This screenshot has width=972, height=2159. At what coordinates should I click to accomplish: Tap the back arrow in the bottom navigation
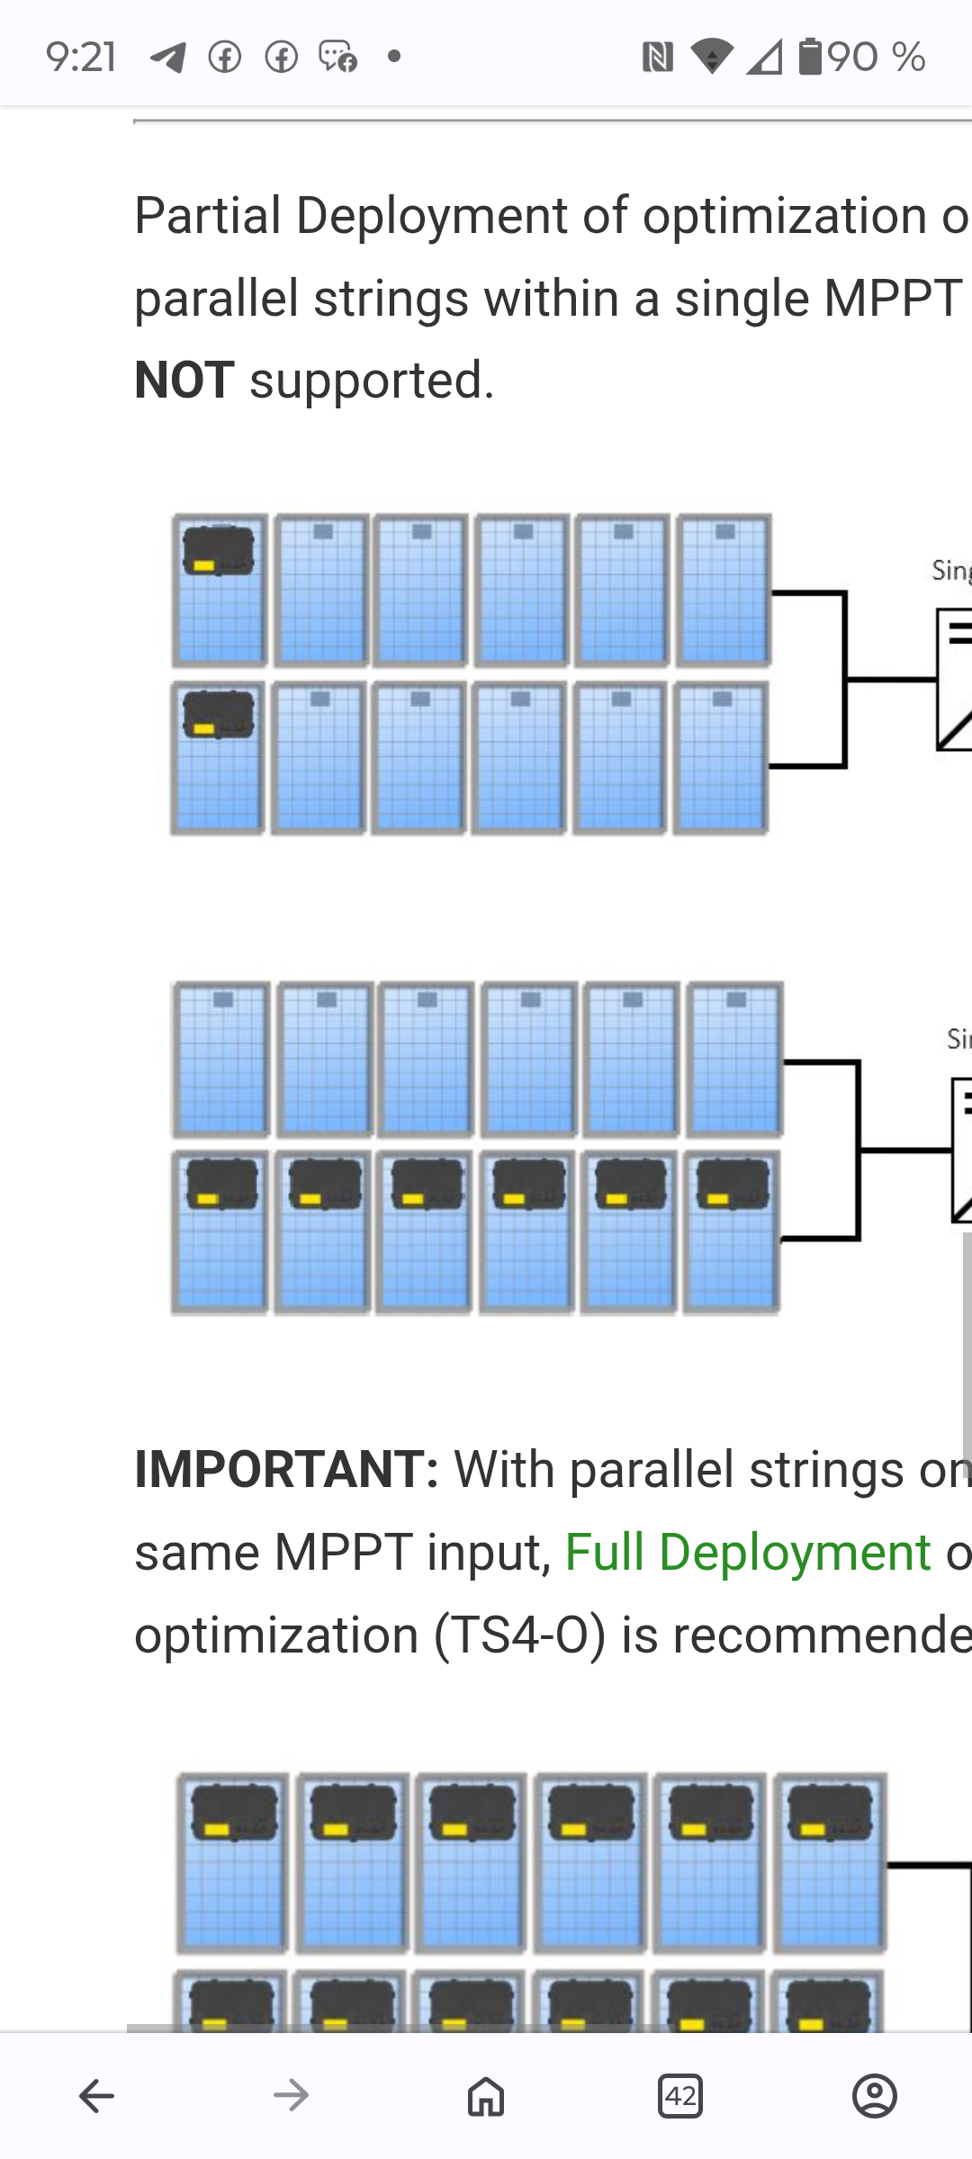(x=96, y=2096)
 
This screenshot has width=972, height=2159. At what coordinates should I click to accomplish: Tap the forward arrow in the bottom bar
(x=291, y=2096)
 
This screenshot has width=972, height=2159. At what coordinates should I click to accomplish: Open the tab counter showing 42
(x=680, y=2096)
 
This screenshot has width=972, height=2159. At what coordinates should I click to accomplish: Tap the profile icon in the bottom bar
(x=874, y=2096)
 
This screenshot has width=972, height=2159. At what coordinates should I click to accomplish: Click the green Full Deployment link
(x=747, y=1553)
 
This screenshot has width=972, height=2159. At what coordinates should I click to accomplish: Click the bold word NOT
(x=184, y=381)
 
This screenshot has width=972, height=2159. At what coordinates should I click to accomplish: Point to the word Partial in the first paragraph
(x=208, y=217)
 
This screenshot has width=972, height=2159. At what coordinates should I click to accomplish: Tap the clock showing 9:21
(x=81, y=58)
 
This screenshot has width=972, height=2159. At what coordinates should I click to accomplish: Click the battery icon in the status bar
(x=810, y=57)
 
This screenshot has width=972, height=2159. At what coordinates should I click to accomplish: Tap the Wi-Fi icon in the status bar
(x=712, y=57)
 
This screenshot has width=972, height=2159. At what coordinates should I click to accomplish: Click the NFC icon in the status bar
(x=658, y=58)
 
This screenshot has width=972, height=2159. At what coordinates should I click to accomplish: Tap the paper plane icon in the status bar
(x=168, y=58)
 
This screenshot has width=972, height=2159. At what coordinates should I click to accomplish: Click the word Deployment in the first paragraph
(x=431, y=217)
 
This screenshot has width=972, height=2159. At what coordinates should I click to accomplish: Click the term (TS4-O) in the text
(x=519, y=1635)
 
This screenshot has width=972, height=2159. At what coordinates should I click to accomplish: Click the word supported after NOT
(x=371, y=381)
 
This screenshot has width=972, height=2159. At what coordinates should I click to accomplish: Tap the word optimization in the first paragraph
(x=784, y=217)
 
